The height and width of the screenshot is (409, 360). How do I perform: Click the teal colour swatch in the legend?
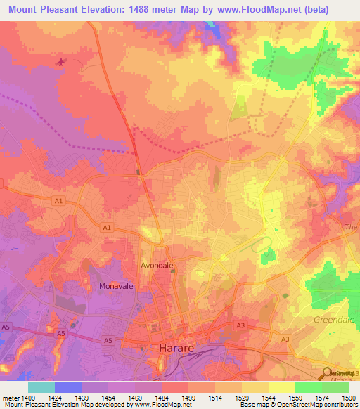[x=41, y=387]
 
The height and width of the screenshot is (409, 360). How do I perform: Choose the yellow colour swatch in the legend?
[x=281, y=387]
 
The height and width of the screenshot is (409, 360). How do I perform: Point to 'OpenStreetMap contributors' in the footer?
[x=320, y=405]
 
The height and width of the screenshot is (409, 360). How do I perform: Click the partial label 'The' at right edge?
[x=352, y=227]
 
